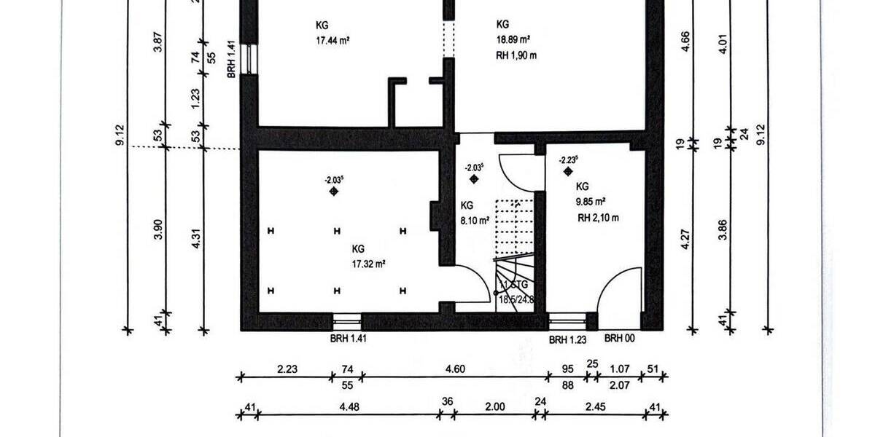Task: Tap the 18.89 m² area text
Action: [513, 41]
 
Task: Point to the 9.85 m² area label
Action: [591, 202]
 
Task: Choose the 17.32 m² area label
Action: [368, 264]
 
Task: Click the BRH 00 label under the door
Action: [620, 339]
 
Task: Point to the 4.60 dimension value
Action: [456, 369]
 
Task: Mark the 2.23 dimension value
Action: [287, 369]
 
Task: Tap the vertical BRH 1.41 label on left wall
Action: [230, 59]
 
